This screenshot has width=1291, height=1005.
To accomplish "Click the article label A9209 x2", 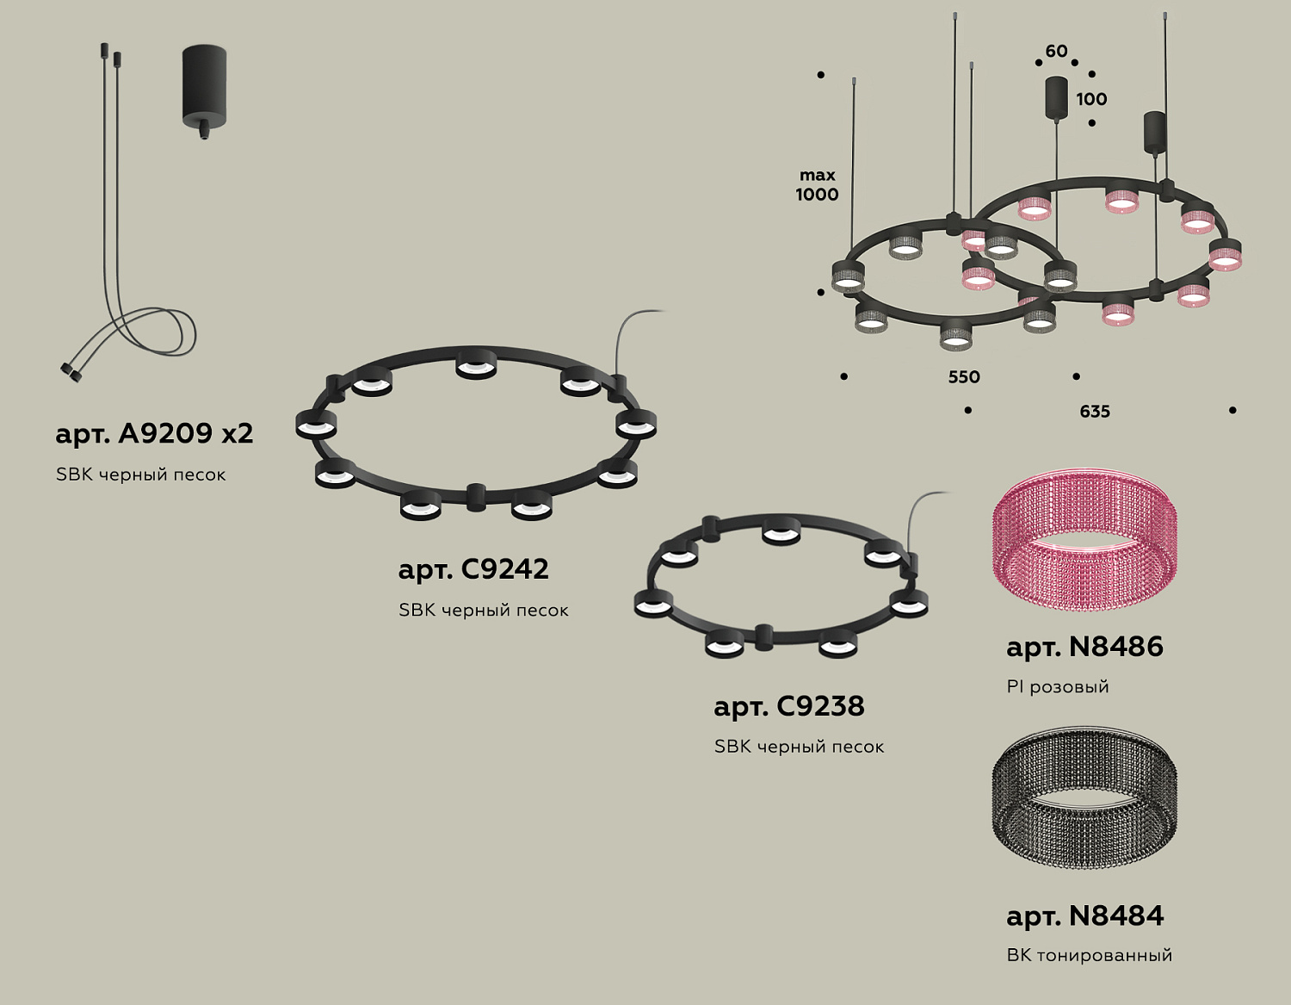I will click(154, 433).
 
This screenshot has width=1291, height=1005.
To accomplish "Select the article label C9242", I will click(473, 569).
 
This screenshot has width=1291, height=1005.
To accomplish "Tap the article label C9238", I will click(788, 706).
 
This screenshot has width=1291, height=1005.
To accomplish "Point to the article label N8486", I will click(1084, 647).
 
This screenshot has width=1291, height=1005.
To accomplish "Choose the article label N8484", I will click(1084, 915).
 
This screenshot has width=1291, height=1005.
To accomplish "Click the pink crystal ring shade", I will click(1084, 540).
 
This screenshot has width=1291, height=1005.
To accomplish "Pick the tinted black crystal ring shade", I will click(1084, 797).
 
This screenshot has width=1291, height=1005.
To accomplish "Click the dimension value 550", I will click(964, 377).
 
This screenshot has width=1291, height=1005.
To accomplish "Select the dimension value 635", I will click(1095, 412).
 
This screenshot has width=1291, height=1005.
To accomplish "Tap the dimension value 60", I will click(1056, 52).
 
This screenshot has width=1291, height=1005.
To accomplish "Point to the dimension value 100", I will click(1091, 99).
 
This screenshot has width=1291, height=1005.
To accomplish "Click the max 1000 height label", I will click(817, 185).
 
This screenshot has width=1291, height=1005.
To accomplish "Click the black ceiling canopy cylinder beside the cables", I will click(204, 89).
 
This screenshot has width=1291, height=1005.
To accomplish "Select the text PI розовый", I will click(1058, 687).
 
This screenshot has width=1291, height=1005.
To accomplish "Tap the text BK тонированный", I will click(1089, 955).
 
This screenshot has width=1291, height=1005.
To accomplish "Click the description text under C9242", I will click(483, 611).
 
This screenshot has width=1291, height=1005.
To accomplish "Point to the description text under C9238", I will click(799, 747).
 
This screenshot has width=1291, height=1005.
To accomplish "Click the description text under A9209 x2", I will click(140, 475).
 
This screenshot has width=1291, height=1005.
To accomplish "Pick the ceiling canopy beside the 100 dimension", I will click(1056, 97).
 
